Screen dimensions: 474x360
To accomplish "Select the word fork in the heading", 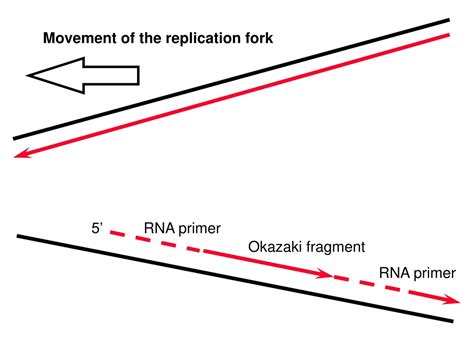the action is tap(260, 38).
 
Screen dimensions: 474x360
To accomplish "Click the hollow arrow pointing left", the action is tap(83, 75).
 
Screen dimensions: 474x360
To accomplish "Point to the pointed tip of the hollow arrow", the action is tap(27, 75).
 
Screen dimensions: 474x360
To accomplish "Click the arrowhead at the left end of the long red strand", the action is tap(21, 154).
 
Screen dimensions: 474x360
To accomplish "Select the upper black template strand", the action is tap(231, 79).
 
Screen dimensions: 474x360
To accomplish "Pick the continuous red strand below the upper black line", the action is tap(232, 95).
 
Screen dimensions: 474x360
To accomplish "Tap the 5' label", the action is tap(97, 229).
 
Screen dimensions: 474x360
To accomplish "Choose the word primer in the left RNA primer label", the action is tap(199, 229).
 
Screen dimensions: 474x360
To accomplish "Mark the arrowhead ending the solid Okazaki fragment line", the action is tap(324, 273).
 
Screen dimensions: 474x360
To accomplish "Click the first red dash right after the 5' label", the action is tap(118, 233).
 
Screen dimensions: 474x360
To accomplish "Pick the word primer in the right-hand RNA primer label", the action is tap(434, 274).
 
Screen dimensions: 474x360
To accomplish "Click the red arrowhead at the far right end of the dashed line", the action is tap(452, 300).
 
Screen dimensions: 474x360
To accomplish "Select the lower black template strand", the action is tap(235, 278).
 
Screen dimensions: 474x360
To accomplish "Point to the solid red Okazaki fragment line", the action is tap(268, 263).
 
